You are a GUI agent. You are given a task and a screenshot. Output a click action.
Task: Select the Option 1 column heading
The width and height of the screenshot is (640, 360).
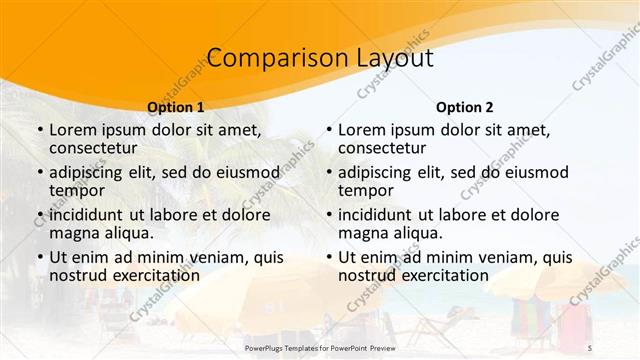coord(175,107)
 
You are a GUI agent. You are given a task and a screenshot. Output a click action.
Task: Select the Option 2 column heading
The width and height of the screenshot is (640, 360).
coord(464,107)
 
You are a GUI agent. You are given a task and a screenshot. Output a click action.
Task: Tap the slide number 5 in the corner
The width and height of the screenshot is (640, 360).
coord(590,346)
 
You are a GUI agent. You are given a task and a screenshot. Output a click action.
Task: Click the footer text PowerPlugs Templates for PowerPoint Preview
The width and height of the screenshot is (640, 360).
coord(320,346)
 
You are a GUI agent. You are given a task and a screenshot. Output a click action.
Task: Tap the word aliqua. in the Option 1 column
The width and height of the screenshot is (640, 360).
coord(128,233)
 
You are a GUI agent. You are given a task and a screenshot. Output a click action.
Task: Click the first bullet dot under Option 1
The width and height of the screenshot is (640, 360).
coord(39,130)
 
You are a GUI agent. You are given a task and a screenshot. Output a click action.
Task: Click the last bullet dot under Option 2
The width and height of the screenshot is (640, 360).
coord(328,257)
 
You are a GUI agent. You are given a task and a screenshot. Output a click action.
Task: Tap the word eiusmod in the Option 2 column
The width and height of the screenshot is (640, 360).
coord(536,172)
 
